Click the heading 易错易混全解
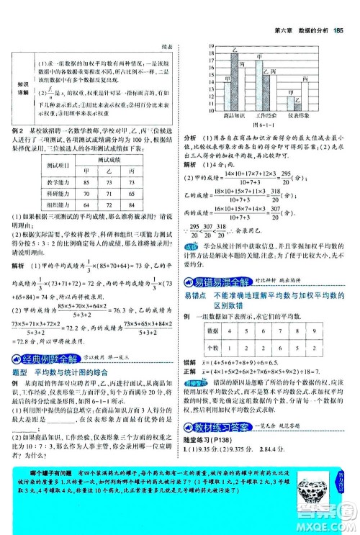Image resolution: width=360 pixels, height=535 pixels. [221, 283]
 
